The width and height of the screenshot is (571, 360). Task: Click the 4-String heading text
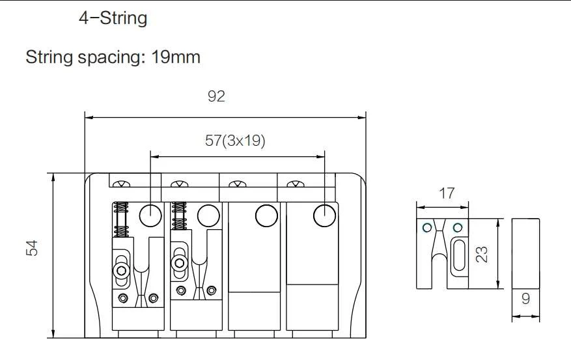coord(113,18)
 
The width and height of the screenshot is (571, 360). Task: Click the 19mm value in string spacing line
coord(176,57)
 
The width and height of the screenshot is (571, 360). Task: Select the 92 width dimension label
coord(216,96)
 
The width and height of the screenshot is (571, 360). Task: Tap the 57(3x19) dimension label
coord(235,141)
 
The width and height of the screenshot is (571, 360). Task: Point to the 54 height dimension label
coord(33,247)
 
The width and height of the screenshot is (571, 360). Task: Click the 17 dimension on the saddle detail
coord(447,193)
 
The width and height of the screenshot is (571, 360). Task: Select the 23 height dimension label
coord(482,254)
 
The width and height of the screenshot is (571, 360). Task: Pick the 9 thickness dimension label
coord(525,300)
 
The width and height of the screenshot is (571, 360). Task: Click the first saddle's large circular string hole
coord(150,214)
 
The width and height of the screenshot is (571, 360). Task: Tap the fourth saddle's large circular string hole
coord(324,215)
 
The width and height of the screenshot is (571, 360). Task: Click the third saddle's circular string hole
coord(266,215)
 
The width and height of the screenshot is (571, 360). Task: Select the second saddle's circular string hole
coord(208,215)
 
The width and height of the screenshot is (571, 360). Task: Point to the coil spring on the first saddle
coord(121,220)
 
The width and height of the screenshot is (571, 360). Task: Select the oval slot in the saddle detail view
coord(458,255)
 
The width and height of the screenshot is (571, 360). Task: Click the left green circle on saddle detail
coord(426,227)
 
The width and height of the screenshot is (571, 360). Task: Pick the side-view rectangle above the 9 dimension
coord(525,253)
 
